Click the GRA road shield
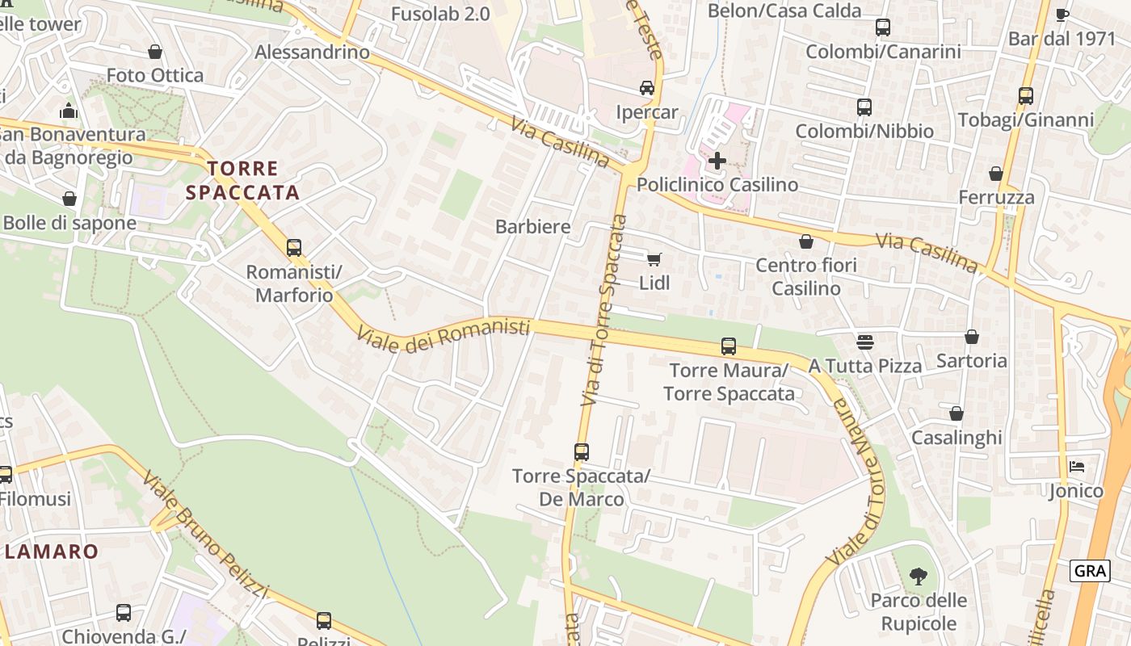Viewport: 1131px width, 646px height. point(1090,571)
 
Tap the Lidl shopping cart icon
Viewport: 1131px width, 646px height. point(654,259)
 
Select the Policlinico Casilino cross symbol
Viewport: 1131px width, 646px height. point(717,160)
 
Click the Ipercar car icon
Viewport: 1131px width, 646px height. point(646,87)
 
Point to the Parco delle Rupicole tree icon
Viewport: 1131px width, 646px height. point(918,576)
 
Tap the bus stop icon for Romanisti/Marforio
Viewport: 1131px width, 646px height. point(294,247)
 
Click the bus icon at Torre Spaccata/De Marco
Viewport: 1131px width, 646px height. point(582,452)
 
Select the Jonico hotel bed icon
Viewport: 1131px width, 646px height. point(1076,467)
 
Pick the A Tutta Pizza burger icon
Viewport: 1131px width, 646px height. point(865,342)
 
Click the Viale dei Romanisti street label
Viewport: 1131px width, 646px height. point(444,333)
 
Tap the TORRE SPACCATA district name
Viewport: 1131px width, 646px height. point(243,180)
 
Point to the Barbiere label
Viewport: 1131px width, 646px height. point(532,227)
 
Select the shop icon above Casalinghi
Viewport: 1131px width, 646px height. point(957,413)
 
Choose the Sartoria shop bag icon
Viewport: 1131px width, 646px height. point(972,337)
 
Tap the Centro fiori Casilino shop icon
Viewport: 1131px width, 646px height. point(805,241)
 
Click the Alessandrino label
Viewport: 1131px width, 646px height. point(312,52)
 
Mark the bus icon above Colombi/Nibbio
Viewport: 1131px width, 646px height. point(864,107)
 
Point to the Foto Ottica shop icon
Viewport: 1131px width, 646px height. point(155,52)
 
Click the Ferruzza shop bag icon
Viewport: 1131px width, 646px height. point(996,174)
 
